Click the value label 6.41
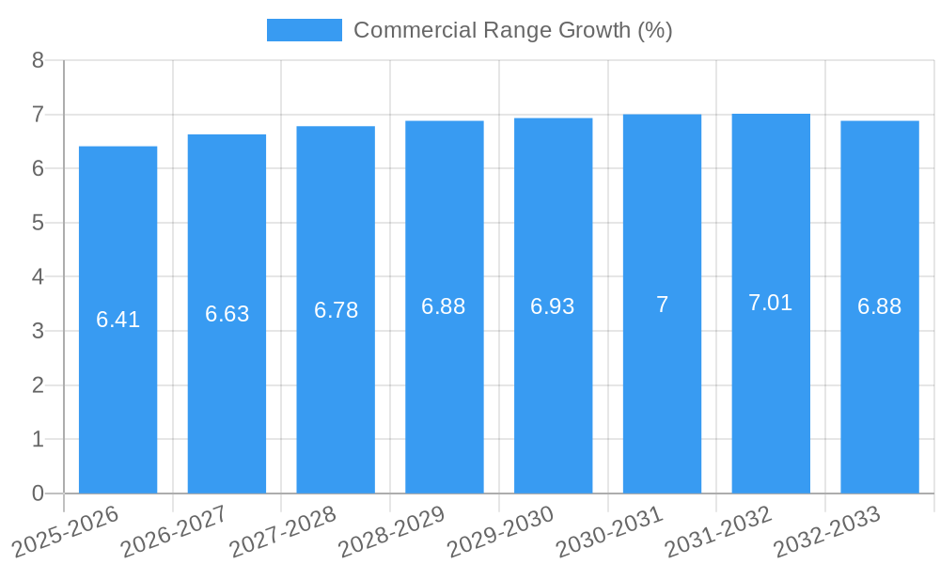tap(117, 320)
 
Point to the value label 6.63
tap(227, 314)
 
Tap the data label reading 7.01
tap(771, 303)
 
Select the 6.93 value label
tap(553, 306)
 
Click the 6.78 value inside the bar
tap(336, 310)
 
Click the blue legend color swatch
tap(304, 30)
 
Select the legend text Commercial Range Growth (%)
tap(512, 30)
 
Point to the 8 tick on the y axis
tap(38, 60)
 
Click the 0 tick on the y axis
tap(38, 493)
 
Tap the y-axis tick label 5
tap(38, 223)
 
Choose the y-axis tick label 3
tap(38, 331)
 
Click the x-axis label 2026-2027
tap(175, 530)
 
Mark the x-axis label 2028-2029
tap(392, 530)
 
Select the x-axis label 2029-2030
tap(501, 530)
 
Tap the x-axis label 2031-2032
tap(719, 530)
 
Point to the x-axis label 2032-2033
tap(827, 530)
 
